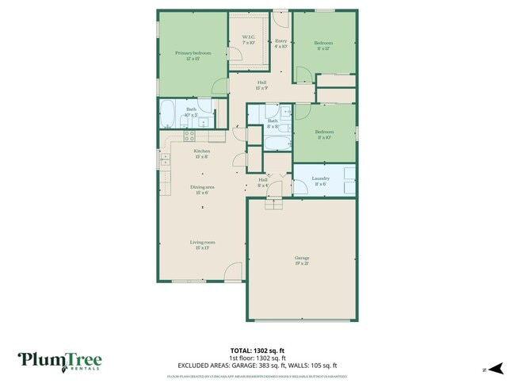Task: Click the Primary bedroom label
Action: click(x=193, y=56)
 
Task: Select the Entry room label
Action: click(x=280, y=43)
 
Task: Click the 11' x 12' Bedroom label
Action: click(x=323, y=45)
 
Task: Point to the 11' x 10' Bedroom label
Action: click(x=323, y=134)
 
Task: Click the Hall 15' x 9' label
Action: click(x=261, y=84)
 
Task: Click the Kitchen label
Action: click(x=201, y=154)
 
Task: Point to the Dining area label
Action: click(x=201, y=190)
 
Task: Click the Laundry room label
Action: click(x=320, y=181)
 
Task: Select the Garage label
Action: click(x=302, y=260)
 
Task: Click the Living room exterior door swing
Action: click(x=232, y=272)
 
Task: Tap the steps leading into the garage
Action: click(x=273, y=204)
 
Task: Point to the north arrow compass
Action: click(x=496, y=368)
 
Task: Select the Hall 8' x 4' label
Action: click(x=263, y=182)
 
